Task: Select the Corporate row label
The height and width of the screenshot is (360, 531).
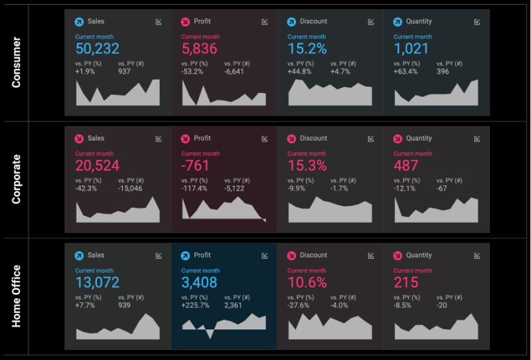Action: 17,179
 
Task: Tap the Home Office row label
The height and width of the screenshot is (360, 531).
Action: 17,296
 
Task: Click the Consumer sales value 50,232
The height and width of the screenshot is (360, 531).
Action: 98,48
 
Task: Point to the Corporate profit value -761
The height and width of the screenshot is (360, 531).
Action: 195,165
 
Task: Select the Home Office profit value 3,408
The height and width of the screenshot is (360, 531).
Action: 200,282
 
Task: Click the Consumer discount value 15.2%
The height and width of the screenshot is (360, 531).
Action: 307,48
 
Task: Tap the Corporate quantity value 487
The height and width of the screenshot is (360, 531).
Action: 406,165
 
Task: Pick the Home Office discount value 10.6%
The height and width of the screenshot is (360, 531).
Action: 307,282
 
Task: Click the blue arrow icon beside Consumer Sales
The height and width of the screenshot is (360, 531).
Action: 79,22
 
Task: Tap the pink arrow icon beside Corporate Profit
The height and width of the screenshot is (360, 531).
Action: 185,139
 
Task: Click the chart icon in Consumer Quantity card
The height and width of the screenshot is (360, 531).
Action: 477,22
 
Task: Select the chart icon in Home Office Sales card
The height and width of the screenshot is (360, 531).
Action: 158,255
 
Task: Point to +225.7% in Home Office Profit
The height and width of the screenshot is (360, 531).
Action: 195,306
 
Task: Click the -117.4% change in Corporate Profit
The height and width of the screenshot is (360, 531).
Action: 194,189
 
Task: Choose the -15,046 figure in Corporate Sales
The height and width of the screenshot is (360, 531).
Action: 130,189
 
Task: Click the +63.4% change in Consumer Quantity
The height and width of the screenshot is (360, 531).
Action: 406,72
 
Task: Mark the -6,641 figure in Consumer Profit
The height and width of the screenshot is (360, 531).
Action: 236,72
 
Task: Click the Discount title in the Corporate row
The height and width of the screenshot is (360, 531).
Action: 313,138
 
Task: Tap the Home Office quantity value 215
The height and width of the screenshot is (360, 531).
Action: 406,282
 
